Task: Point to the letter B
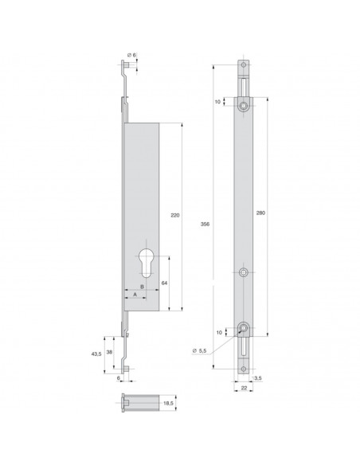click(142, 286)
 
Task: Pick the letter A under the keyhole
click(135, 294)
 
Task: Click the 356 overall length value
click(207, 225)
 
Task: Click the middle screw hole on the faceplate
click(243, 272)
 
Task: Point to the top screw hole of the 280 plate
click(243, 104)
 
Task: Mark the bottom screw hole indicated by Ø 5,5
click(243, 329)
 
